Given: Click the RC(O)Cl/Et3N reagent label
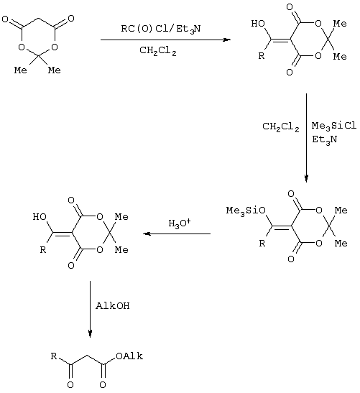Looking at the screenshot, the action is [161, 29].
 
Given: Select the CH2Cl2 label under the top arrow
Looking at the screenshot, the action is [158, 51].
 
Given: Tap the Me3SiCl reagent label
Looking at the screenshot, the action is [334, 126].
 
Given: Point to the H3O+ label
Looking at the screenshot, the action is [180, 223].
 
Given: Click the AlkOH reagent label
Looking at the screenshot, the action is [113, 306].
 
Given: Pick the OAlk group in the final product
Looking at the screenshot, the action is [129, 356].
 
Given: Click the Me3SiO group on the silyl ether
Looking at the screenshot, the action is [246, 211].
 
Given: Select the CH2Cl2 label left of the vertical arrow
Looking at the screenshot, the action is [281, 126].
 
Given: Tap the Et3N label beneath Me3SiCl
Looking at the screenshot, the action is [325, 139].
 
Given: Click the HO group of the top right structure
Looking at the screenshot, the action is [258, 24].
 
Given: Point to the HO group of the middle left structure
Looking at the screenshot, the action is [40, 217].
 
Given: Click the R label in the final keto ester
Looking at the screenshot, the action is [54, 356].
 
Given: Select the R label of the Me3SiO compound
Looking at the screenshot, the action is [262, 243].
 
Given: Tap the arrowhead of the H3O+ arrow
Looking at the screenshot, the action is [146, 234].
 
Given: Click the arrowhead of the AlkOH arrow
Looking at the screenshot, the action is [91, 334].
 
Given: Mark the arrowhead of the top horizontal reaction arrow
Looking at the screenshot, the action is [227, 40].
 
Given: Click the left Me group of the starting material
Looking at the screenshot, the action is [21, 70].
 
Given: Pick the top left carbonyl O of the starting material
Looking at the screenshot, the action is [5, 19].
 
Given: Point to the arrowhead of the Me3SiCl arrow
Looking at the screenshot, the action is [306, 178].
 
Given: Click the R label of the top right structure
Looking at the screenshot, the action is [262, 55].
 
